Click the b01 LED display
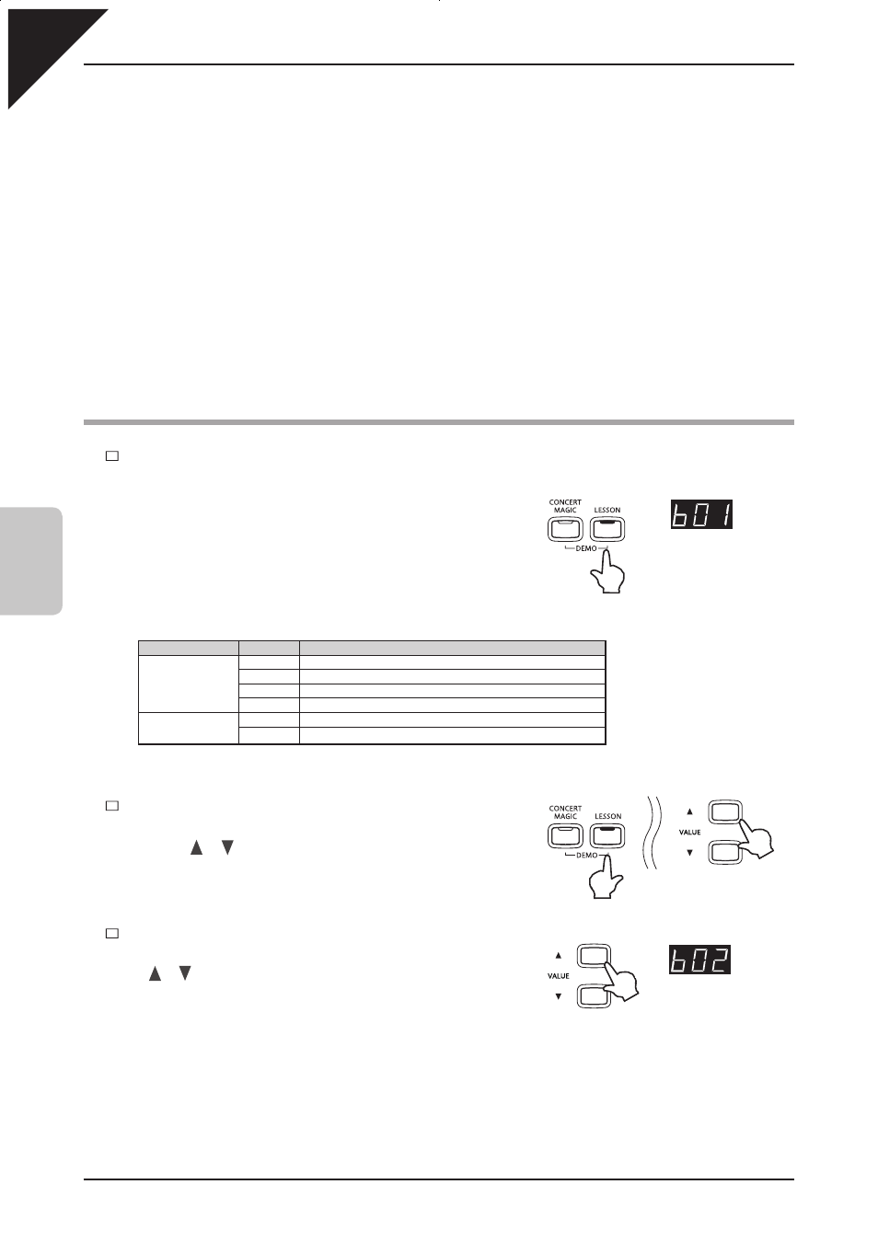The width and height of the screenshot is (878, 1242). [x=701, y=514]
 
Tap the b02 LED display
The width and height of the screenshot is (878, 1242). [x=699, y=959]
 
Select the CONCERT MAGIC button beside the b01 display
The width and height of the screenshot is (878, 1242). [x=565, y=529]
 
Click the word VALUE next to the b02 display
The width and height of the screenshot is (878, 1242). [x=558, y=975]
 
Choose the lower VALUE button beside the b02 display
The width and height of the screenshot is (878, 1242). [x=594, y=995]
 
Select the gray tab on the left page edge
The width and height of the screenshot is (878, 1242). [x=31, y=560]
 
